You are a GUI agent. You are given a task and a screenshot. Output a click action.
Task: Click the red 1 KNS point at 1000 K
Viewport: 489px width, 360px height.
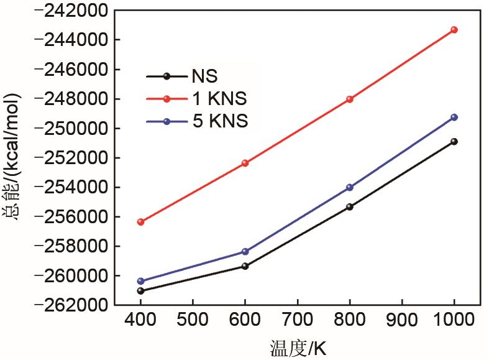pyautogui.click(x=454, y=30)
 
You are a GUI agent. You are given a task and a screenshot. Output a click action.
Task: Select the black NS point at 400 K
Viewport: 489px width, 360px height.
pyautogui.click(x=140, y=291)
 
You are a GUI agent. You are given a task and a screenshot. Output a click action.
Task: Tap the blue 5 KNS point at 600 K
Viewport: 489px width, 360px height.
pyautogui.click(x=245, y=252)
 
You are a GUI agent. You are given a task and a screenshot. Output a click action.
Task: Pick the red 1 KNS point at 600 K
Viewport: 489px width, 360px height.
pyautogui.click(x=245, y=163)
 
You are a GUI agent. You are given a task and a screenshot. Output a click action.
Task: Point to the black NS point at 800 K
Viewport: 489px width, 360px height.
pyautogui.click(x=350, y=206)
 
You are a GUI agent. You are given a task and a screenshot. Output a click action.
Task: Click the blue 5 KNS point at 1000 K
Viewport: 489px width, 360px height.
pyautogui.click(x=454, y=118)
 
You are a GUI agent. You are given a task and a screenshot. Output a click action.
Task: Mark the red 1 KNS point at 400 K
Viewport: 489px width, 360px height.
pyautogui.click(x=140, y=222)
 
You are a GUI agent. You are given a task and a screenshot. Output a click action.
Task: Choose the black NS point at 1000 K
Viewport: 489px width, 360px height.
pyautogui.click(x=454, y=142)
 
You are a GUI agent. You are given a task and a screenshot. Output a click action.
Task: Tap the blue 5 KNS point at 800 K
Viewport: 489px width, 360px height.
pyautogui.click(x=350, y=187)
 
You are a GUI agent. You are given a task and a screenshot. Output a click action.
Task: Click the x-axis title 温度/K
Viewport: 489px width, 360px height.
pyautogui.click(x=298, y=348)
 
